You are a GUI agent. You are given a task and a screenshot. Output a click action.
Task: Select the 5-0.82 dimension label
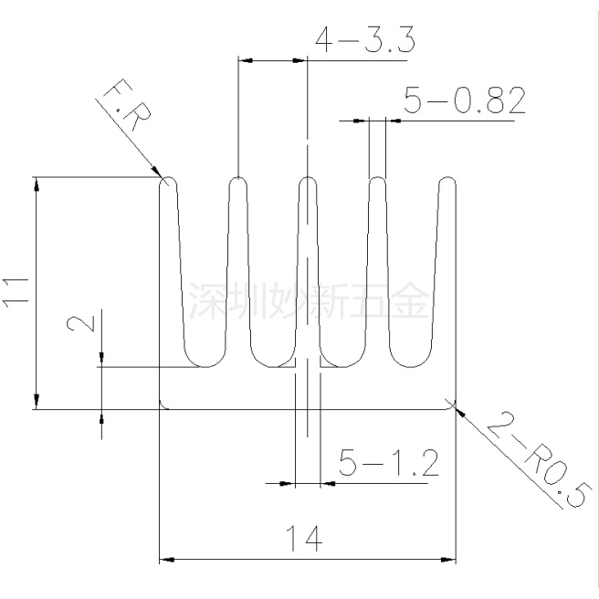click(x=464, y=102)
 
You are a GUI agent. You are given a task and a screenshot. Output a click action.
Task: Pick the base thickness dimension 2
click(x=79, y=325)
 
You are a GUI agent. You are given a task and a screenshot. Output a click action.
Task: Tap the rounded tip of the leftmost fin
click(x=168, y=181)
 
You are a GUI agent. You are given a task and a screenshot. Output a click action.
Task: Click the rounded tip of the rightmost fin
click(x=447, y=181)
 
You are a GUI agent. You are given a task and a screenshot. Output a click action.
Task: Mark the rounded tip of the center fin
click(x=308, y=181)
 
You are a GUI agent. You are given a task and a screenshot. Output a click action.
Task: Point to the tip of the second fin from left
click(x=238, y=181)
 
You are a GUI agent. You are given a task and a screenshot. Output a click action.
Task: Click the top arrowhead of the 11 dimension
click(x=37, y=184)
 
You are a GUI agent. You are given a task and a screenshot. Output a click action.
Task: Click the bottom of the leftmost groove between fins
click(x=203, y=366)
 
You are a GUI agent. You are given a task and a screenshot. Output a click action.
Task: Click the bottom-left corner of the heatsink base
click(x=162, y=408)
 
